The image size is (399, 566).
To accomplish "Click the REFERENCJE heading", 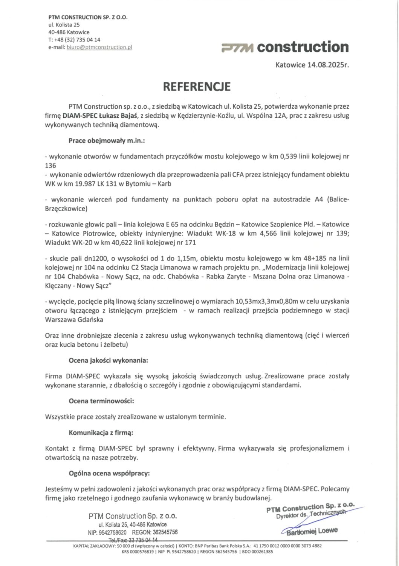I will pyautogui.click(x=196, y=86).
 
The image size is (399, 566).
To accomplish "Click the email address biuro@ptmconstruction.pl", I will pyautogui.click(x=99, y=47).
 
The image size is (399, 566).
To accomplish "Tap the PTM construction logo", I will pyautogui.click(x=285, y=47).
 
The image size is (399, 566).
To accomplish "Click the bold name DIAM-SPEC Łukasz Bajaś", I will pyautogui.click(x=100, y=115).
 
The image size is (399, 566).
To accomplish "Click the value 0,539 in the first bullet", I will pyautogui.click(x=289, y=156).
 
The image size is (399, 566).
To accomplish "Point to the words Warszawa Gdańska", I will pyautogui.click(x=74, y=320).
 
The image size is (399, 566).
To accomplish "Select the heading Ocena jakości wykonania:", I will pyautogui.click(x=108, y=360).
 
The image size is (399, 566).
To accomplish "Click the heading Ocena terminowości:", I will pyautogui.click(x=101, y=401).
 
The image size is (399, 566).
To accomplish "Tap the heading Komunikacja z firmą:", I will pyautogui.click(x=101, y=432).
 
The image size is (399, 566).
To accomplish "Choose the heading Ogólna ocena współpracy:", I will pyautogui.click(x=109, y=473).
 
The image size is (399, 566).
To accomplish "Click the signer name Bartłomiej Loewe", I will pyautogui.click(x=312, y=531).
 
